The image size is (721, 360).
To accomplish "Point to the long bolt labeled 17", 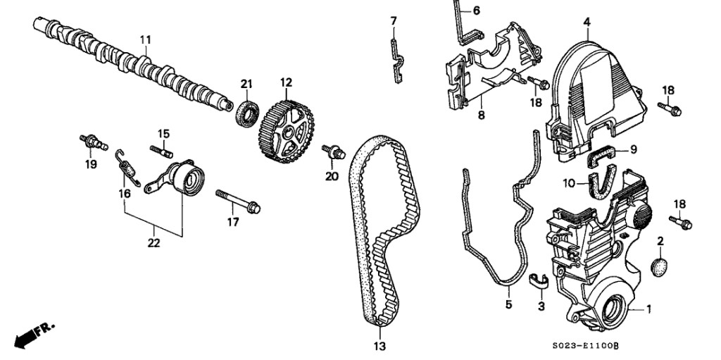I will tap(239, 200).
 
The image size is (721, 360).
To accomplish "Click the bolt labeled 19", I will tap(92, 141).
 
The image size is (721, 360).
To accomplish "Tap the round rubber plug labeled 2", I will tap(659, 267).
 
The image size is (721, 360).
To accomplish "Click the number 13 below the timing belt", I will tap(380, 345).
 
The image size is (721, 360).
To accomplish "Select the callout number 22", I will tap(153, 244).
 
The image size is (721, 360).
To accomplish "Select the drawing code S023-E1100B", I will tap(585, 345).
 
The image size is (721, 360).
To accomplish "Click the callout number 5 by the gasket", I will tap(508, 305).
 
